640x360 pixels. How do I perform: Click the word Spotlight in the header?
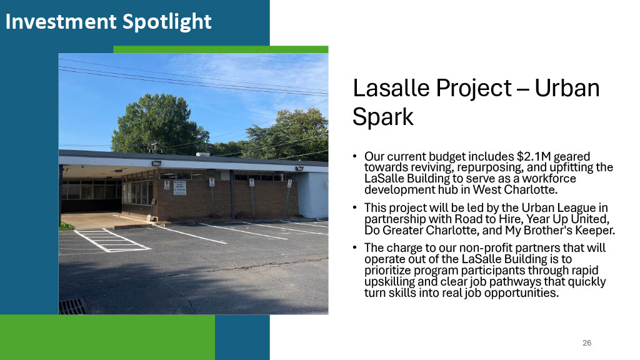tap(167, 22)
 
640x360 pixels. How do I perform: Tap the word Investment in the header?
tap(61, 21)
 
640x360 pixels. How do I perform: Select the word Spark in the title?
tap(383, 117)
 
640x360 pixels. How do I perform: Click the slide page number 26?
tap(587, 343)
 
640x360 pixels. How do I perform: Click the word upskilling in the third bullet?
tap(389, 282)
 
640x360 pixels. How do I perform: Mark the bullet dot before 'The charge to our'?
tap(355, 247)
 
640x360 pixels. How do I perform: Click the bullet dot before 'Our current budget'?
tap(355, 156)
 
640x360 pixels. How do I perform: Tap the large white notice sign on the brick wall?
tap(179, 187)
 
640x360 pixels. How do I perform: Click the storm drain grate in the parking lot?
tap(74, 306)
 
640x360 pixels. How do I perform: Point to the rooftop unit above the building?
tap(203, 155)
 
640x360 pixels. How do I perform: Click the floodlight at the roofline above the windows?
tap(156, 163)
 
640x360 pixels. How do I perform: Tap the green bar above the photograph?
tap(221, 49)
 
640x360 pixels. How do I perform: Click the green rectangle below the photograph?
tap(107, 337)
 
